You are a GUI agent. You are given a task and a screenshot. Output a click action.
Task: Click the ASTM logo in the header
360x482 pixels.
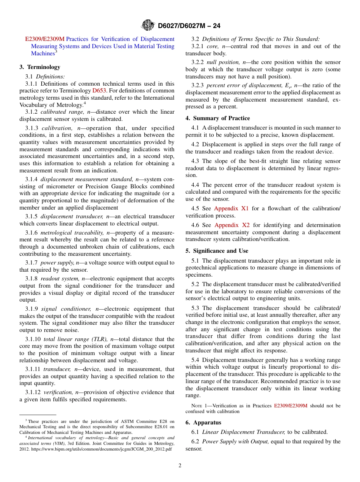point(147,25)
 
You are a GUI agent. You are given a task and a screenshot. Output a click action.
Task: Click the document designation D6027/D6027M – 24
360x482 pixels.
point(189,26)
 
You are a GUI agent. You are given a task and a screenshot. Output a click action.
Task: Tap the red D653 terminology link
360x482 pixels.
point(99,91)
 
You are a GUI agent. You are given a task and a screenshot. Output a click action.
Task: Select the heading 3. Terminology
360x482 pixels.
point(40,67)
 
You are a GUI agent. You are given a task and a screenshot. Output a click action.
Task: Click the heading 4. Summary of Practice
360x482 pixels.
point(218,118)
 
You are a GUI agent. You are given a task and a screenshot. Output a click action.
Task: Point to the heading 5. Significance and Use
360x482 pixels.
point(217,251)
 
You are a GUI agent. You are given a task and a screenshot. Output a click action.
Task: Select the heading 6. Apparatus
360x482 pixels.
point(203,423)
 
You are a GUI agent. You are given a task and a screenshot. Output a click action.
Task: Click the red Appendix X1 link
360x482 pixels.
point(231,208)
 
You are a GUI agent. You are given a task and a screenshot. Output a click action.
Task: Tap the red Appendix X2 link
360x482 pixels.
point(232,225)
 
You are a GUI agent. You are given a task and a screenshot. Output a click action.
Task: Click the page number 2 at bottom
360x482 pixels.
point(180,466)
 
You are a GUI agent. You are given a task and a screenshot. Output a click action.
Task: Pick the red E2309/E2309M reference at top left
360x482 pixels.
point(45,39)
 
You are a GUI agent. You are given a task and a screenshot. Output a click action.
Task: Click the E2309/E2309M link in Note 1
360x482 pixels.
point(291,405)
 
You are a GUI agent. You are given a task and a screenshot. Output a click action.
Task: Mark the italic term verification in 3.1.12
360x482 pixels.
point(58,393)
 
